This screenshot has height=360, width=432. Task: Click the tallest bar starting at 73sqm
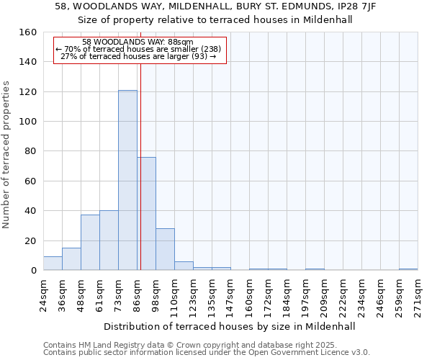127,180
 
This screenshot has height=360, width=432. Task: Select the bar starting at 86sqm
146,214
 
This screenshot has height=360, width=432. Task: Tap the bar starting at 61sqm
109,240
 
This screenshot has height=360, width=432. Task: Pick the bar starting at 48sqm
90,243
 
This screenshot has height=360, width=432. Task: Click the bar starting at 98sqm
165,249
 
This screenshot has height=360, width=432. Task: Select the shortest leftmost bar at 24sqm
53,264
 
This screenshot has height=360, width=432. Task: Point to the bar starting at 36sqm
71,259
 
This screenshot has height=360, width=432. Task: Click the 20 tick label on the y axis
31,240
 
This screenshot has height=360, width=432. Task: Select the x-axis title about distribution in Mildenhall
230,326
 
